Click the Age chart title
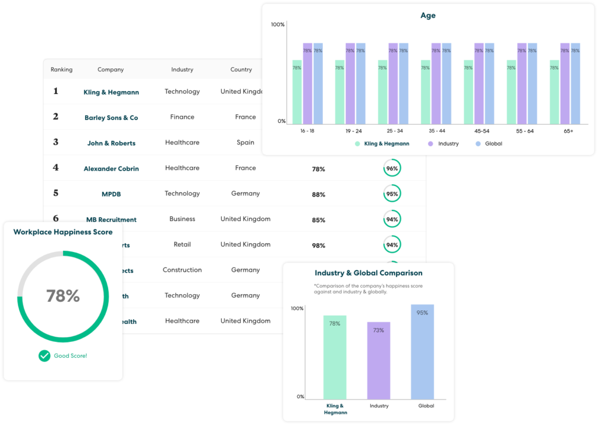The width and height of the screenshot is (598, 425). coord(428,16)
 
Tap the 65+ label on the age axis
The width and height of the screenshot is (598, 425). coord(568,131)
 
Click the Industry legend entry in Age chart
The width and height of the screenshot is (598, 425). coord(443,143)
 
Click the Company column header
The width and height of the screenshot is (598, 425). coord(110,70)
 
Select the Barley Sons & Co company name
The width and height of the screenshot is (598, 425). coord(111,118)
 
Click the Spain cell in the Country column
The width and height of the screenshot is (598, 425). coord(245,143)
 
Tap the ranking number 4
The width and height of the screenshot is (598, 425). coord(56,168)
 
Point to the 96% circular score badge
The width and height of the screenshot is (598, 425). coord(392,168)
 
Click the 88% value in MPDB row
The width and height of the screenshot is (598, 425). coord(318,195)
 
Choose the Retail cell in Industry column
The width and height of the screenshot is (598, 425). coord(182,244)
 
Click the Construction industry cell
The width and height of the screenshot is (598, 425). coord(182,270)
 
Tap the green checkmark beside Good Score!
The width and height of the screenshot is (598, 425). coord(44,355)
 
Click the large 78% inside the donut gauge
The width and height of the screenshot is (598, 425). coord(63,296)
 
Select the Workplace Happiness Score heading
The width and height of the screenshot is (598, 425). coord(63,232)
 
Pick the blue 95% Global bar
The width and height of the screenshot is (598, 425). coord(422,351)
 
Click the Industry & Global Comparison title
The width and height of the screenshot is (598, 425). coord(368,273)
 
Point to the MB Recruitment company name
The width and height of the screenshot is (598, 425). coord(111,220)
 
